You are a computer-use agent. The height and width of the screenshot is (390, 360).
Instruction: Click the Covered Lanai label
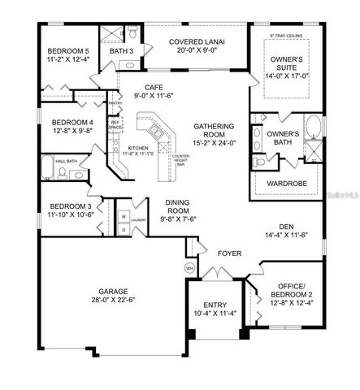click(196, 41)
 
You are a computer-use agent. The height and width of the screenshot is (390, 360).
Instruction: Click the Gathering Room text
click(214, 128)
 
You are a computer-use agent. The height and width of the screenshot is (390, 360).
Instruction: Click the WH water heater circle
click(189, 267)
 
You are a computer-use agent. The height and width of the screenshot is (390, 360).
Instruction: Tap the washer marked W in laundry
click(122, 216)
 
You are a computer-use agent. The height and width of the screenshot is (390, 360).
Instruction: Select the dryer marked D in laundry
click(122, 229)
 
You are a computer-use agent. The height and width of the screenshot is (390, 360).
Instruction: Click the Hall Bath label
click(66, 162)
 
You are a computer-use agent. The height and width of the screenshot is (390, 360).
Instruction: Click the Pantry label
click(115, 104)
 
